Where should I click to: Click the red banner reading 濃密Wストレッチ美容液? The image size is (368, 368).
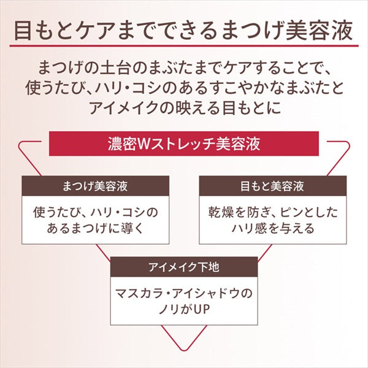tap(184, 145)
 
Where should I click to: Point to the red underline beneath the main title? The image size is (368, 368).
tap(184, 45)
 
